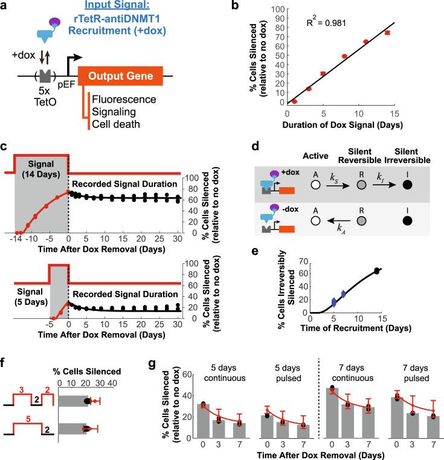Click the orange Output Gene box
point(121,77)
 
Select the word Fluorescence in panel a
point(123,98)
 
